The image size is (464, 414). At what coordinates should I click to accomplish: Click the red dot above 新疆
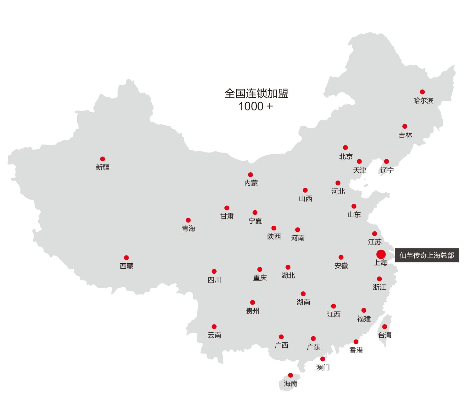[102, 159]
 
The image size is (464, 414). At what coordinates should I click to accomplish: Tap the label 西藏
[127, 266]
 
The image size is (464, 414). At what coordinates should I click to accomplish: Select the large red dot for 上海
[381, 254]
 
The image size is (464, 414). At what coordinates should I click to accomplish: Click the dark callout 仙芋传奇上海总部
[427, 255]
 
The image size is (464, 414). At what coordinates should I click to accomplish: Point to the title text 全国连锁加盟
[256, 94]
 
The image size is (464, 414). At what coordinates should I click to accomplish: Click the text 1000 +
[255, 106]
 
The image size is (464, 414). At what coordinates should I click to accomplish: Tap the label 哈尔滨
[423, 101]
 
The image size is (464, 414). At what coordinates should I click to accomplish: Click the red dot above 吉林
[405, 126]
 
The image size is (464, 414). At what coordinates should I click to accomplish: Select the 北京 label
[346, 156]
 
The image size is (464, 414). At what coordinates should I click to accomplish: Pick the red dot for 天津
[359, 161]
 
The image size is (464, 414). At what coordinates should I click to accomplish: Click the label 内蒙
[251, 183]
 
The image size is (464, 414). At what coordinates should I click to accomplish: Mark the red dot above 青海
[188, 220]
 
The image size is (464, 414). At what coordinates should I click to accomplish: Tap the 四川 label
[214, 280]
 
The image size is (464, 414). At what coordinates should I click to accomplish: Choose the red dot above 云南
[214, 326]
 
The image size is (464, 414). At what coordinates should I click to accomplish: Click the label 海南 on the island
[290, 384]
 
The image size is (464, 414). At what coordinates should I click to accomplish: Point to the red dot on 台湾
[384, 326]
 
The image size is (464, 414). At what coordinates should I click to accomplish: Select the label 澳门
[323, 367]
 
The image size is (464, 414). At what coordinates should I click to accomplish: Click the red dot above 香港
[356, 341]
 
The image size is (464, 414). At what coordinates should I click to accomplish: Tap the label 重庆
[260, 278]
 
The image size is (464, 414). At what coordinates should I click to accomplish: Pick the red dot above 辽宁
[386, 161]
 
